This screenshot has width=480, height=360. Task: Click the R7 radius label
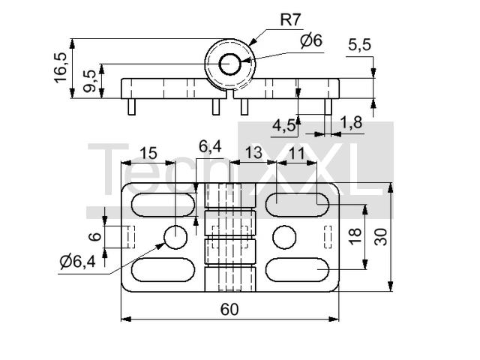pos(291,20)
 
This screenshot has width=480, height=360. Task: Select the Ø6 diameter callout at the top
pos(311,40)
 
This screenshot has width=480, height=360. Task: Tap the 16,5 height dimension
pos(60,67)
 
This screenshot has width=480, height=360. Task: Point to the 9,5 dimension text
pos(89,81)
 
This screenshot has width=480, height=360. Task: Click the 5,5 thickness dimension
pos(359,45)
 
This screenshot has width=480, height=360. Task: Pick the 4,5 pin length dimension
pos(283,125)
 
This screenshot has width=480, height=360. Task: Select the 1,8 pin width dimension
pos(351,122)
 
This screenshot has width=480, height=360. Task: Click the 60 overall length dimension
pos(229,310)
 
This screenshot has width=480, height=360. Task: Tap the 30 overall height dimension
pos(381,237)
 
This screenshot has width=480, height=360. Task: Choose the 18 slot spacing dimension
pos(355,237)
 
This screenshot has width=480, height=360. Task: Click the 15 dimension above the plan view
pos(148,153)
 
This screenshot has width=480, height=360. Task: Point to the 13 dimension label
pos(253,153)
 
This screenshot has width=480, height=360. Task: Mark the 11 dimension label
pos(296,153)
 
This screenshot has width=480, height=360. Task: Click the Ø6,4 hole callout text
pos(78,262)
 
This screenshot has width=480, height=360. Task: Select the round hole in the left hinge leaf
pos(175,237)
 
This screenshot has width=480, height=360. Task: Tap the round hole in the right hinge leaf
pos(284,237)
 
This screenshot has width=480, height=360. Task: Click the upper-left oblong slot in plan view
pos(163,205)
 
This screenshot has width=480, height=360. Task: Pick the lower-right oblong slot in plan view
pos(297,270)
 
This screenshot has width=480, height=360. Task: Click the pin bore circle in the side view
pos(229,64)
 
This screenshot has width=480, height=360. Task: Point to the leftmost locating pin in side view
pos(132,106)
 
